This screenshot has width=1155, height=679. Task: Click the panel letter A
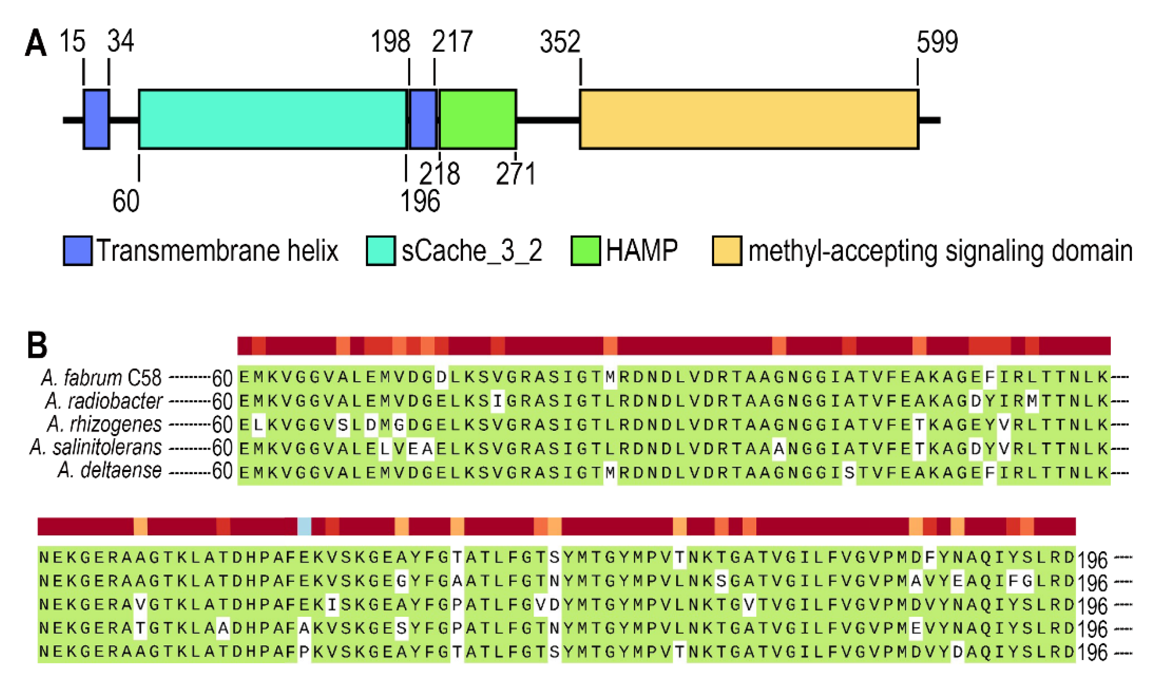[36, 43]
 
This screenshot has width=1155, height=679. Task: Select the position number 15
[72, 41]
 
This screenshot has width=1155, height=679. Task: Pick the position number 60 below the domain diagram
[126, 201]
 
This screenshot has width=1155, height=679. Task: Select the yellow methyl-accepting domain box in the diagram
[749, 119]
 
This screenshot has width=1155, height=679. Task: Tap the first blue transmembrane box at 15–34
[96, 119]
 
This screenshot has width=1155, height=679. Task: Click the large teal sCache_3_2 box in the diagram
[273, 119]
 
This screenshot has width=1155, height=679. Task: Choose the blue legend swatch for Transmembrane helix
[77, 251]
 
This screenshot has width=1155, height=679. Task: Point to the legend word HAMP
[642, 251]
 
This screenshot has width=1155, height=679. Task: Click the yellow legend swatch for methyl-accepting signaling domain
[727, 251]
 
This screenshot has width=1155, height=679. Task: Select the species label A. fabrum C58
[101, 378]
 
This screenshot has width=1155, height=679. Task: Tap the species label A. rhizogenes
[105, 424]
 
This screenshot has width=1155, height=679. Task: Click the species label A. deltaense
[110, 471]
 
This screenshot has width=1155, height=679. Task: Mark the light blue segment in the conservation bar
[304, 526]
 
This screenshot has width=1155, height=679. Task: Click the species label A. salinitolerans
[96, 447]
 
